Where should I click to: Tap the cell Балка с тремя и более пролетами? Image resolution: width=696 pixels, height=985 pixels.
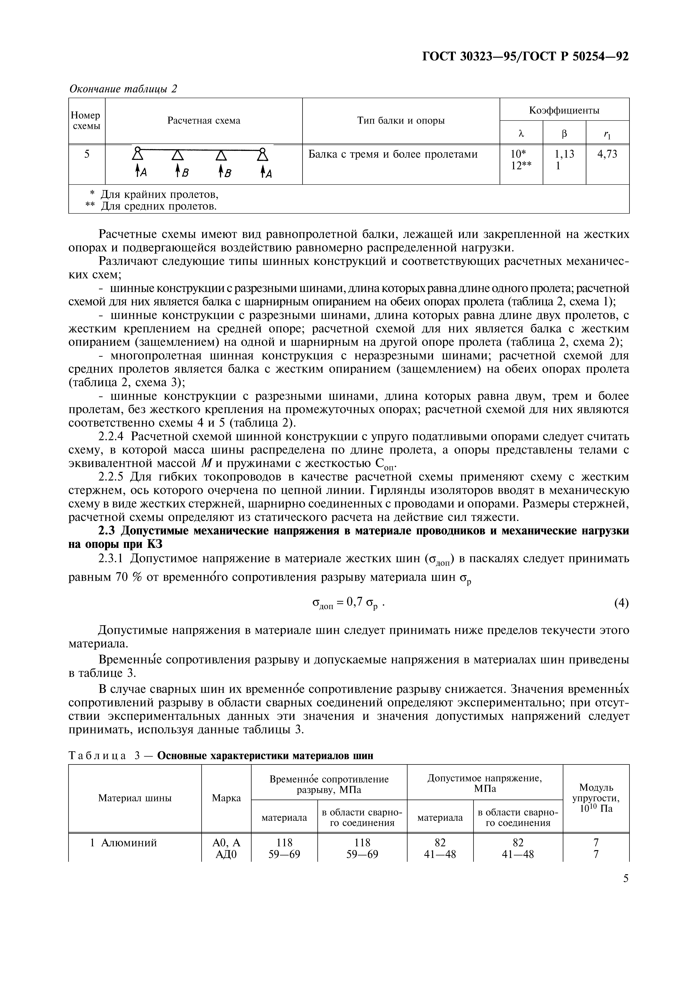click(393, 154)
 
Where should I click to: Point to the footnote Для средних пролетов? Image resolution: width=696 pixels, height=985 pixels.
click(159, 207)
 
